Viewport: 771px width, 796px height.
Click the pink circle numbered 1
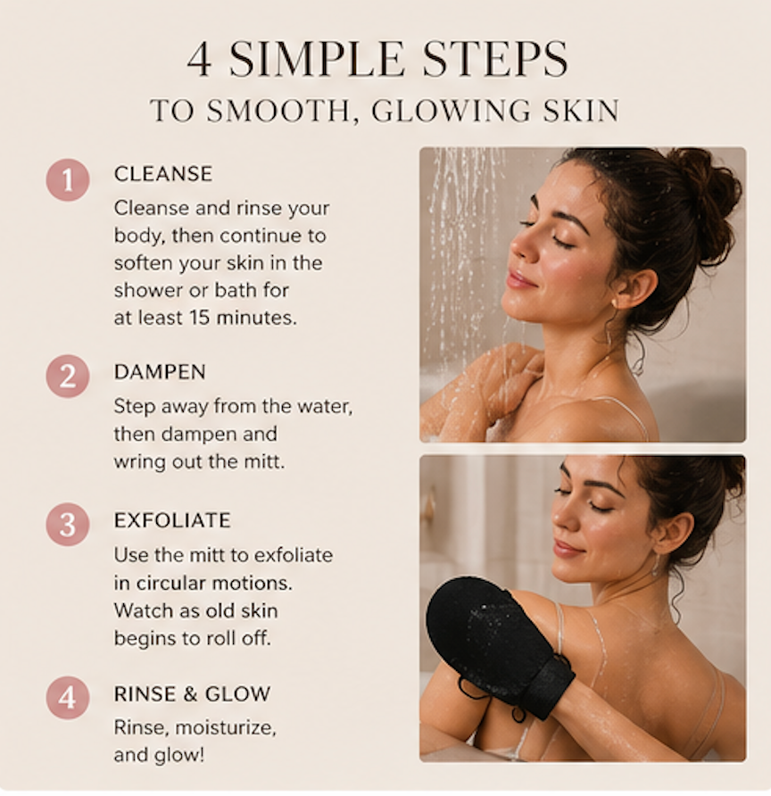pos(68,179)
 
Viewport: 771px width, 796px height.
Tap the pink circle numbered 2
pos(68,377)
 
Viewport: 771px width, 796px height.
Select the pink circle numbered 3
pos(68,525)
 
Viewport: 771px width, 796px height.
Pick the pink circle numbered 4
pos(68,698)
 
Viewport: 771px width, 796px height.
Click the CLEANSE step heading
pos(163,174)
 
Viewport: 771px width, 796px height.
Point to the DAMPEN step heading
pos(160,372)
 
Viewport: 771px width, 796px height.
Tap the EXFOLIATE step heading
pos(172,520)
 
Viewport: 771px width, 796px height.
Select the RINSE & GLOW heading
pos(192,694)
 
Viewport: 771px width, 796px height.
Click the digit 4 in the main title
pos(199,59)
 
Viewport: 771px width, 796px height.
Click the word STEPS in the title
pos(495,59)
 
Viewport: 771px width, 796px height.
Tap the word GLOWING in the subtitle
pos(451,110)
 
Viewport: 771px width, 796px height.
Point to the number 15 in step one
pos(200,318)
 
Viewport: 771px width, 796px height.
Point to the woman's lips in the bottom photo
pos(567,548)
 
